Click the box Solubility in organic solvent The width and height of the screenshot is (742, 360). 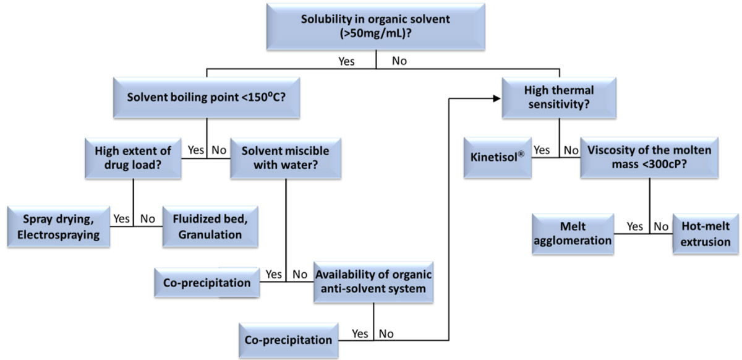(377, 26)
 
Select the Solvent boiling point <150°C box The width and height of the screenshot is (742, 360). (207, 98)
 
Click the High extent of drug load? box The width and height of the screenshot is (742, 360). (133, 159)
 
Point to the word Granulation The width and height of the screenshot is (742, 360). (207, 234)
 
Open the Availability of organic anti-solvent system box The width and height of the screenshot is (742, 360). (372, 282)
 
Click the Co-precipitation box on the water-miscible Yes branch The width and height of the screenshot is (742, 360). (207, 283)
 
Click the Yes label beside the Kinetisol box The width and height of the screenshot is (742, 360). (542, 150)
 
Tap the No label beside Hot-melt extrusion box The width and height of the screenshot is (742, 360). (660, 226)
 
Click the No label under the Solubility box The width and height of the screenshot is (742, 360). (399, 61)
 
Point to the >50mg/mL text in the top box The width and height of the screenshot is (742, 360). (377, 34)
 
